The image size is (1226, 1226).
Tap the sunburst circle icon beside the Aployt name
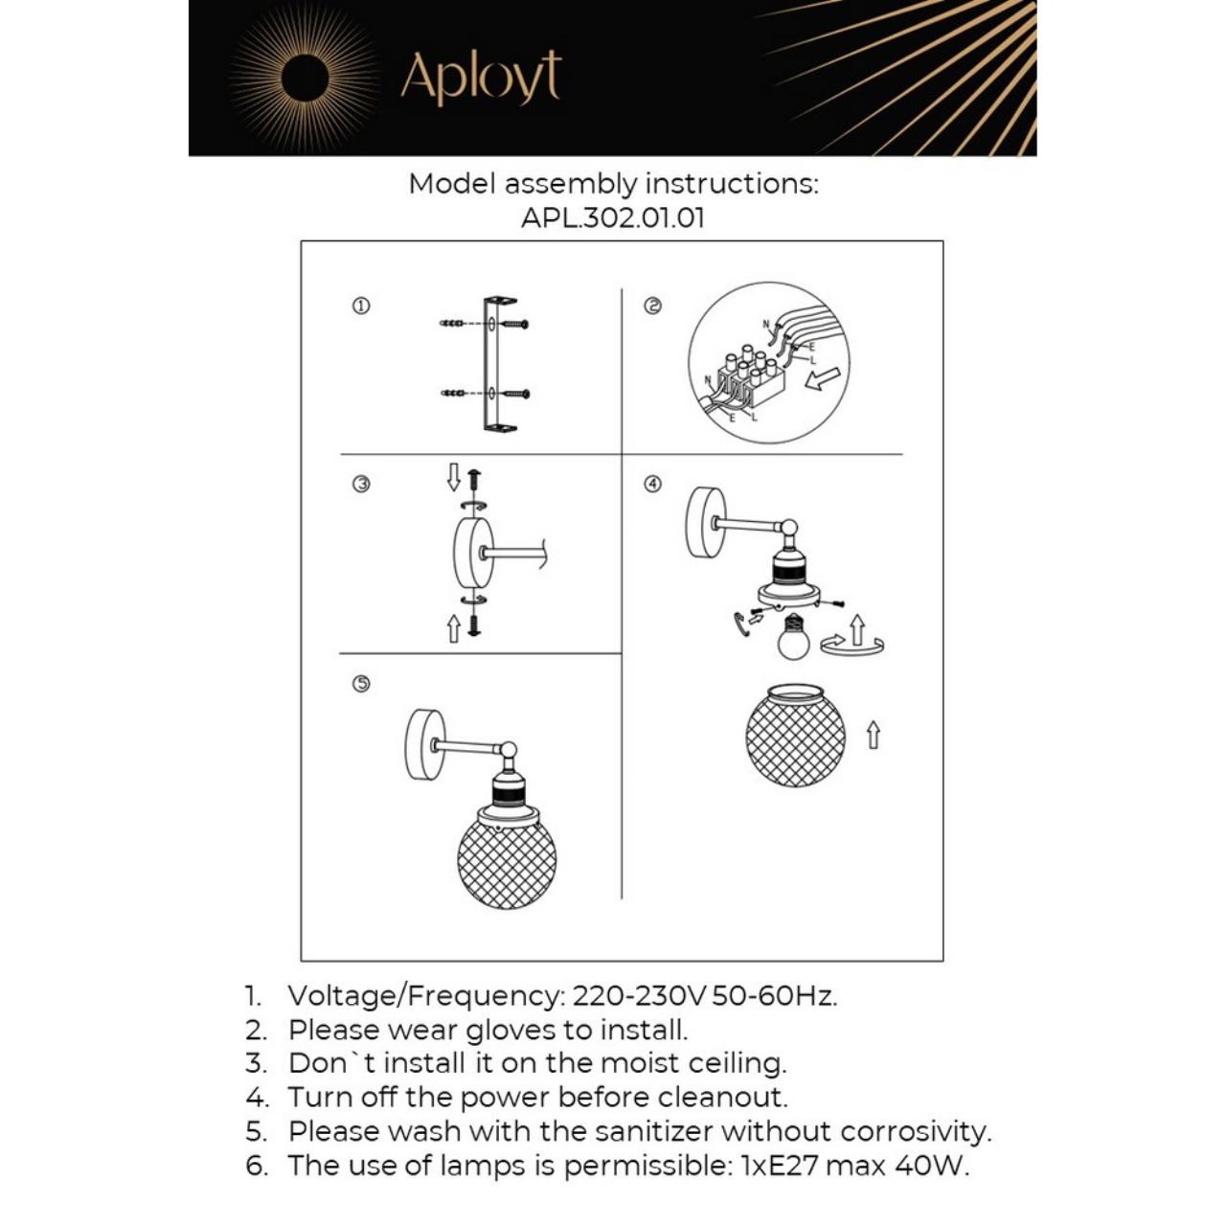[x=305, y=78]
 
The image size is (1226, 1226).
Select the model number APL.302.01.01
[x=613, y=217]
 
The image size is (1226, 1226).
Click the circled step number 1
[x=361, y=306]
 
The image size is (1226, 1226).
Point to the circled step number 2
[x=652, y=306]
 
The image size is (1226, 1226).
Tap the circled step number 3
[x=361, y=485]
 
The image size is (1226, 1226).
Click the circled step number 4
[x=652, y=485]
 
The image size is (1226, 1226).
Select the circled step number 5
[x=361, y=684]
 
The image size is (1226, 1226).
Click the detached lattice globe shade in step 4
[x=795, y=735]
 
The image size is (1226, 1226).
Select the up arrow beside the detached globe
[x=873, y=736]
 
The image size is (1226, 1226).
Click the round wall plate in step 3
[x=473, y=554]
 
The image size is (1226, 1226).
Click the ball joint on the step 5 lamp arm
[x=509, y=751]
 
